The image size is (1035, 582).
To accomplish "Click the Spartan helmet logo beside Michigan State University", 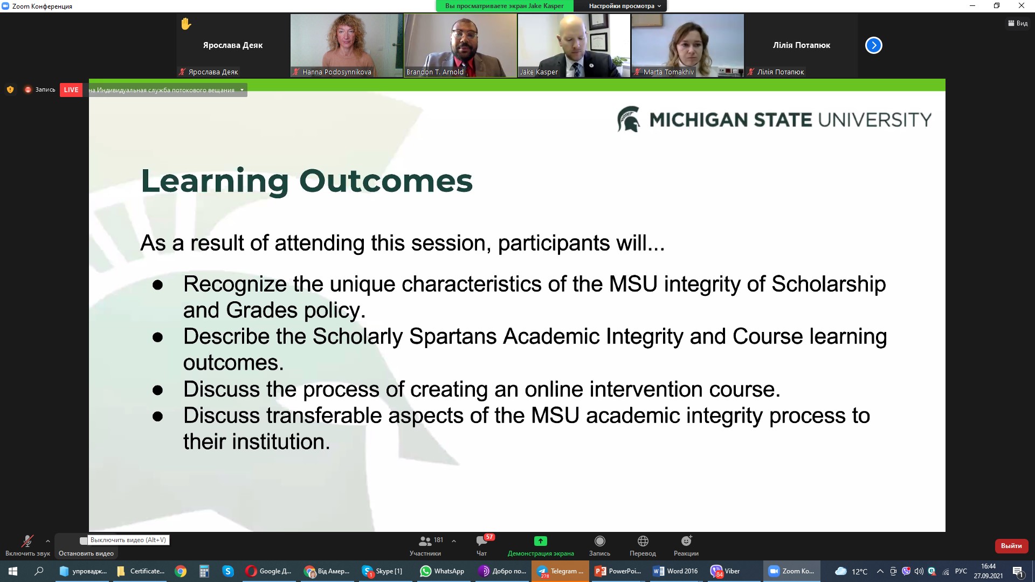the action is click(x=629, y=119).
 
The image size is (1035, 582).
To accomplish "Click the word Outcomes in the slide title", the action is click(x=386, y=181).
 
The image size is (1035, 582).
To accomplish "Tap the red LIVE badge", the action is click(x=71, y=90).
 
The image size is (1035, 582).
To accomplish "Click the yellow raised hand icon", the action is click(x=186, y=24).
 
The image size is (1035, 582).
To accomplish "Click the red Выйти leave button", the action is click(x=1011, y=546).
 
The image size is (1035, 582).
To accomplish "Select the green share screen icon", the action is click(x=541, y=541).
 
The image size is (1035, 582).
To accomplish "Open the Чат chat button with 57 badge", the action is click(x=482, y=541).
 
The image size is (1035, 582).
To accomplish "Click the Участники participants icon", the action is click(x=425, y=541).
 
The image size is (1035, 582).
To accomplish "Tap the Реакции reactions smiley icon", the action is click(x=686, y=541).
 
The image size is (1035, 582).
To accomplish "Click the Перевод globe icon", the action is click(x=643, y=541).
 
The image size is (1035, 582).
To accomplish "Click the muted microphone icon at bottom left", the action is click(x=27, y=541).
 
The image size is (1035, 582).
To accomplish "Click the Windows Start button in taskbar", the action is click(x=13, y=571).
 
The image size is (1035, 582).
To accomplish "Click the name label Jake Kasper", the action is click(x=539, y=72).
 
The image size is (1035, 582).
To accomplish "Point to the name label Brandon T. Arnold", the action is click(x=435, y=72).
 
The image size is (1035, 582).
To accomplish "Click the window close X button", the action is click(x=1021, y=6).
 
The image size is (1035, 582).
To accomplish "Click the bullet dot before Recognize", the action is click(x=157, y=285).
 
